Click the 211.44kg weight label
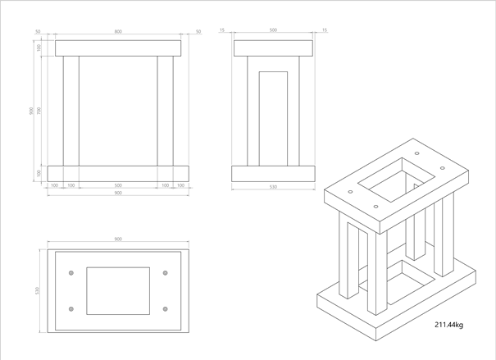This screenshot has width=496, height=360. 448,326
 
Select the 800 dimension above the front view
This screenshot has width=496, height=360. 118,31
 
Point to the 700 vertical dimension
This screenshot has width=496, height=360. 39,111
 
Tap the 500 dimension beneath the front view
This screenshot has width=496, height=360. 118,185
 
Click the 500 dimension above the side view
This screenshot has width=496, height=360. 273,30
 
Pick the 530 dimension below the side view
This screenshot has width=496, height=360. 273,187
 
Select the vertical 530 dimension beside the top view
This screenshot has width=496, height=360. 38,290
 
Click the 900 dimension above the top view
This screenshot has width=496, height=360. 118,239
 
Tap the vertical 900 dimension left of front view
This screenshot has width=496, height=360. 31,111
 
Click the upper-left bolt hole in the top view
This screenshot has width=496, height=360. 71,273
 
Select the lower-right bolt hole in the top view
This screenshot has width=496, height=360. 166,309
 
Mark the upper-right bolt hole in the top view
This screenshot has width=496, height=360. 166,273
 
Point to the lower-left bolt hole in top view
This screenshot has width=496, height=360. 71,309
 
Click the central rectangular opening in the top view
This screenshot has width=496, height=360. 118,291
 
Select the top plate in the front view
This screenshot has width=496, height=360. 118,48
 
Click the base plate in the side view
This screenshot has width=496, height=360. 273,173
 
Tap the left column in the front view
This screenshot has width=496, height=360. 71,111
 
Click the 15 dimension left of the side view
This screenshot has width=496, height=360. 222,30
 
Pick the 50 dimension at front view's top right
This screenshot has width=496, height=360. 198,31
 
